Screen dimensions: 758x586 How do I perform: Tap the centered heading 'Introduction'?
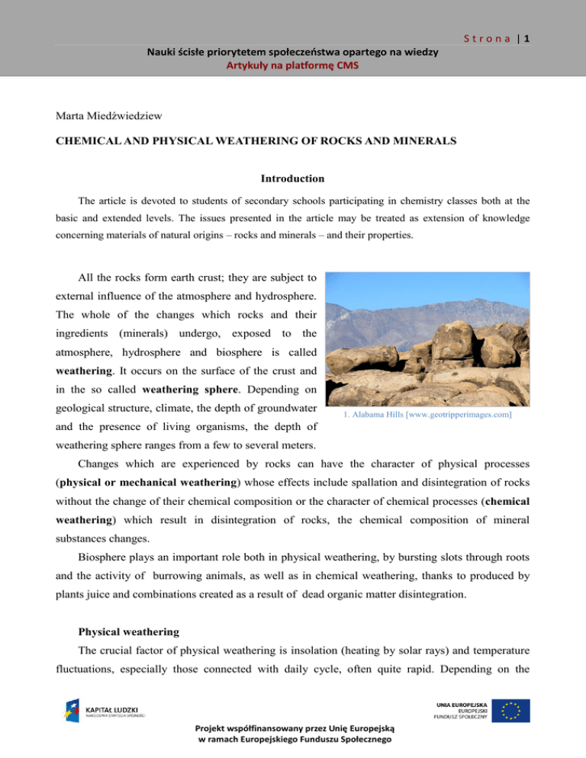[293, 178]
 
